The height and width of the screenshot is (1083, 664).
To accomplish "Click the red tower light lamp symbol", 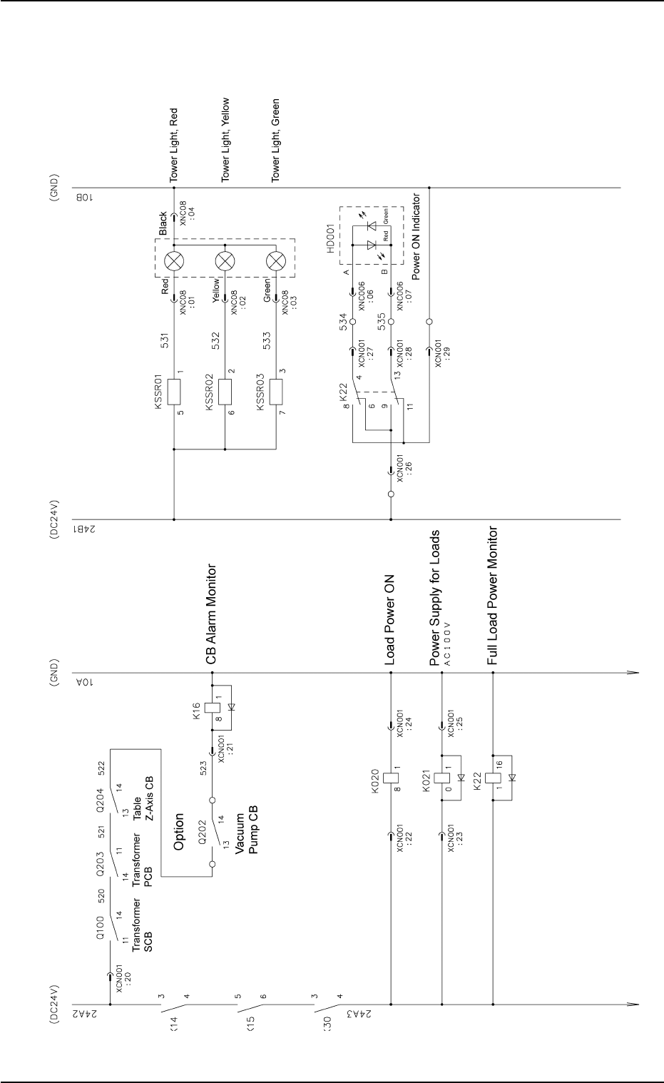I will pos(174,261).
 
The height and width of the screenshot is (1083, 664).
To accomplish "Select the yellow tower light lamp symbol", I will pos(225,261).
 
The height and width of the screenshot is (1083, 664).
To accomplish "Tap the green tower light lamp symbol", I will pos(276,261).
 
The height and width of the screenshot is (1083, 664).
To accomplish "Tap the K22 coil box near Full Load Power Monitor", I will pos(493,776).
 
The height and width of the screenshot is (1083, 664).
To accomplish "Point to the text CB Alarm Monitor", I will pos(211,613).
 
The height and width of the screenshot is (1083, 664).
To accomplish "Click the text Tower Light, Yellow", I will pos(225,140).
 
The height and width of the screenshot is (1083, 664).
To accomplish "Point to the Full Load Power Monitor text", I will pos(492,596).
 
